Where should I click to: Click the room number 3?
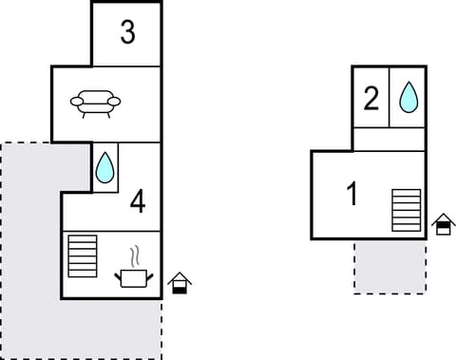pos(127,33)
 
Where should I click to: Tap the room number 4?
pos(138,201)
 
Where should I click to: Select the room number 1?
pos(351,195)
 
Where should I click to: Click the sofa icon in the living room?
pos(95,103)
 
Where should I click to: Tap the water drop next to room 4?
pos(104,169)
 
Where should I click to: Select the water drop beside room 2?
pos(408,96)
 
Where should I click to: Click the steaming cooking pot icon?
pos(133,276)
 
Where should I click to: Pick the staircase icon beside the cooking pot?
pos(83,256)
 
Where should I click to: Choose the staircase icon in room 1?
pos(406,210)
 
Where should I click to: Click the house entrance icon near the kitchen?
pos(179,283)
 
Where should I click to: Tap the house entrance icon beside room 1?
pos(442,225)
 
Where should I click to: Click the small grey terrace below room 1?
pos(389,266)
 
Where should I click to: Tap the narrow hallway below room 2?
pos(389,139)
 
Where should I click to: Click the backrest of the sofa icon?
pos(95,96)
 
